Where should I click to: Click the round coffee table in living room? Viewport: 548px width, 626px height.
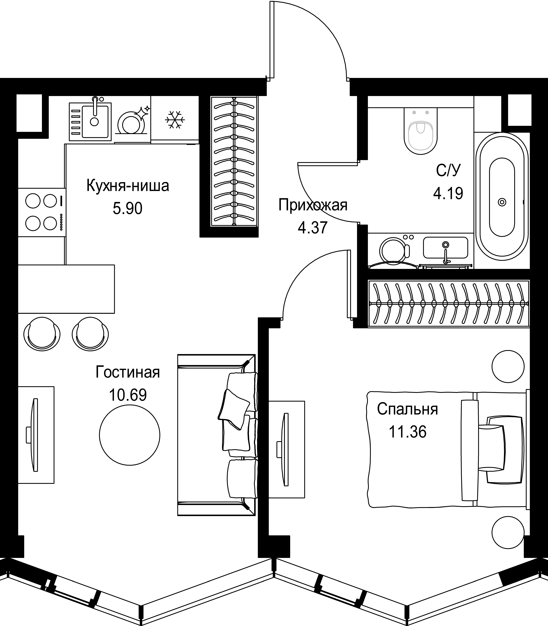point(130,435)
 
